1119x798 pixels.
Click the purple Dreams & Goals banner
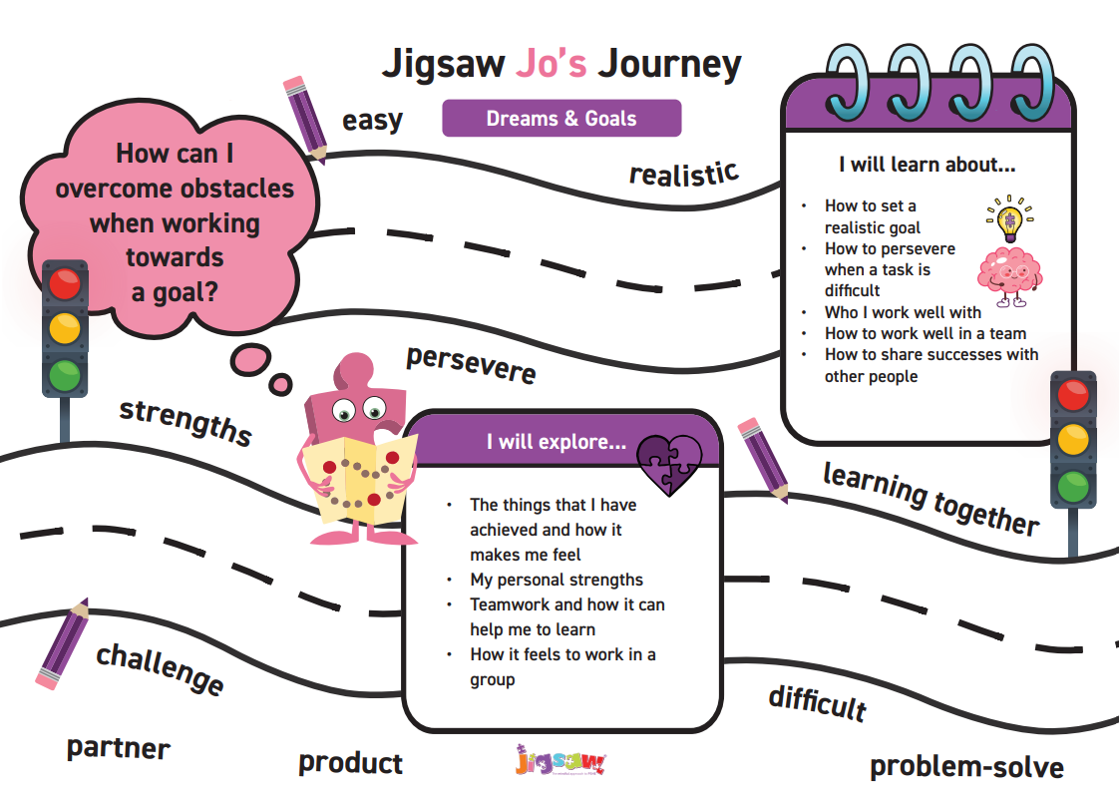point(561,118)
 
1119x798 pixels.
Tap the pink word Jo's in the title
point(551,63)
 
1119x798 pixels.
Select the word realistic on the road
point(684,174)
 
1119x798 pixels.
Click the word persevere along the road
point(471,365)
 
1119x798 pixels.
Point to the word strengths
point(186,422)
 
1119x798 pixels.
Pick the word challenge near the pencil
point(161,668)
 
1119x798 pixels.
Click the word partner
point(119,748)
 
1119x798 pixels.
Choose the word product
point(350,763)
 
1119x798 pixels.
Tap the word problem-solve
point(967,767)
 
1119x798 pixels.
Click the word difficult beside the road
point(818,704)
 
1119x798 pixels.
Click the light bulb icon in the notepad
point(1010,218)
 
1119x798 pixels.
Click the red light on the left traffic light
point(65,284)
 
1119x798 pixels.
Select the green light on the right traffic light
point(1073,486)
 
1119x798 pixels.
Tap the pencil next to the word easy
point(306,119)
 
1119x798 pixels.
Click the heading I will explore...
point(557,442)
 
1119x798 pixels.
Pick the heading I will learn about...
point(928,165)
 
